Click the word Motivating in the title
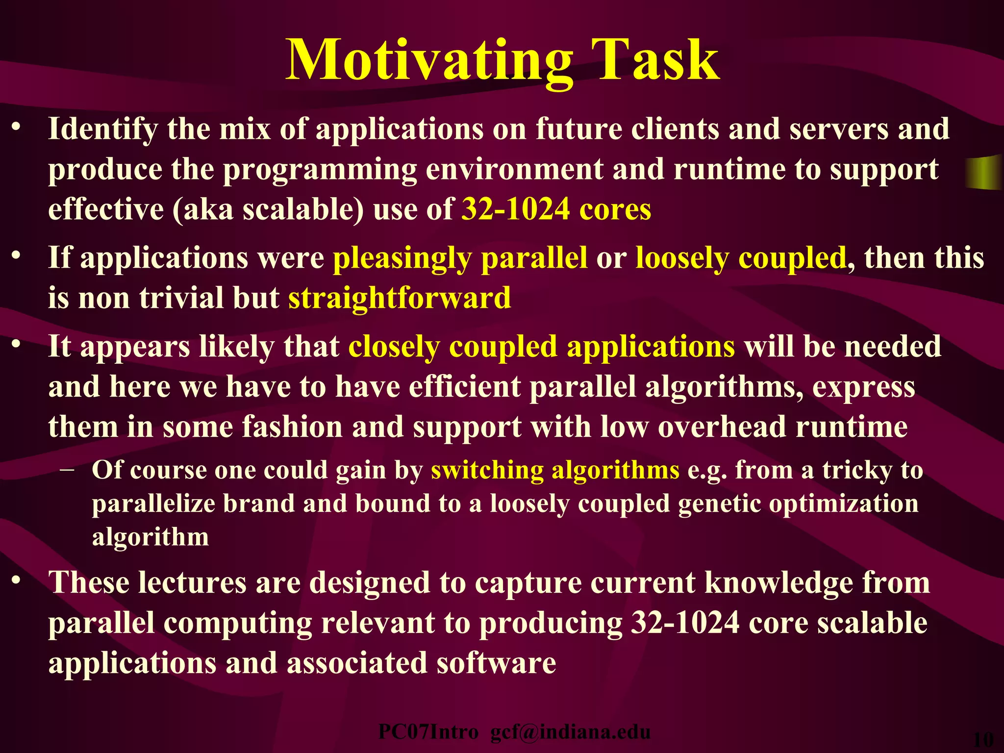(429, 61)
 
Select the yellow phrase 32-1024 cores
(556, 209)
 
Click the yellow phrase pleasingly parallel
(460, 258)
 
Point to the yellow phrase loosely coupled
(741, 258)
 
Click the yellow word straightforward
(399, 298)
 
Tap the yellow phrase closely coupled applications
(541, 347)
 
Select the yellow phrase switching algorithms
(555, 470)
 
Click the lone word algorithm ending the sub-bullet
(151, 537)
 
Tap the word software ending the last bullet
(496, 663)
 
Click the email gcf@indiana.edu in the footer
(570, 732)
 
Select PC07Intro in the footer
(428, 732)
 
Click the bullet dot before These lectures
(17, 580)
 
